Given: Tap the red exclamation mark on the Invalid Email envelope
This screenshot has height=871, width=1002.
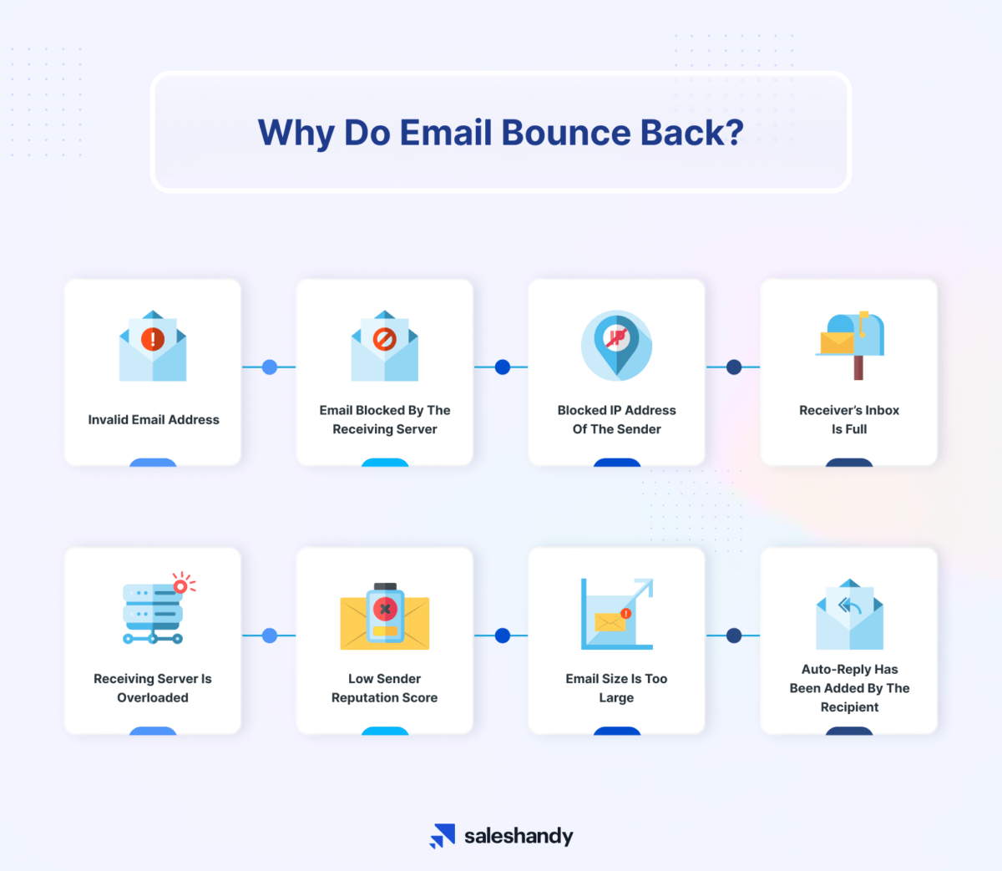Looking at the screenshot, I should click(x=153, y=338).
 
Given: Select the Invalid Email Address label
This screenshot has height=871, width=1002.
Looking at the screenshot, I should click(x=154, y=420).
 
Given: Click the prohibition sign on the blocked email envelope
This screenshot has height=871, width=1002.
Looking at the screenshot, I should click(x=385, y=338).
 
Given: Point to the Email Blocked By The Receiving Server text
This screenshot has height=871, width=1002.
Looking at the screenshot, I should click(x=385, y=420).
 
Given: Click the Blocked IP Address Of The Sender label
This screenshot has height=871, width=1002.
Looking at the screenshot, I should click(x=617, y=420).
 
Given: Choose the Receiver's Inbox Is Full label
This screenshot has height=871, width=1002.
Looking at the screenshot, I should click(x=849, y=420).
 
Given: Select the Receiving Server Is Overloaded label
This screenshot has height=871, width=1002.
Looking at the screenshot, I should click(x=153, y=688).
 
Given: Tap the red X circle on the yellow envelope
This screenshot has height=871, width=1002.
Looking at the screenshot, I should click(x=385, y=609).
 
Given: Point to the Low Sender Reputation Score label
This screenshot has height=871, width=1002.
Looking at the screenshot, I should click(x=385, y=688).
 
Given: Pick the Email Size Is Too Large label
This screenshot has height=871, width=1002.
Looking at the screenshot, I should click(x=616, y=688).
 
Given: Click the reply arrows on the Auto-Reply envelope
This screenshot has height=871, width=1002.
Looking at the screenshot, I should click(x=849, y=605).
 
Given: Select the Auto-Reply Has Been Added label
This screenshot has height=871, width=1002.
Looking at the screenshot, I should click(x=849, y=688).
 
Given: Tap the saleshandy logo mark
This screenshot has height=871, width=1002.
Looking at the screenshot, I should click(x=443, y=836).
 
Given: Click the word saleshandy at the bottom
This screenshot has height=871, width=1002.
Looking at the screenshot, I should click(x=519, y=836).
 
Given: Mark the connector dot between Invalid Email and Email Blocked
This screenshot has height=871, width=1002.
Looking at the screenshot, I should click(x=270, y=367).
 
